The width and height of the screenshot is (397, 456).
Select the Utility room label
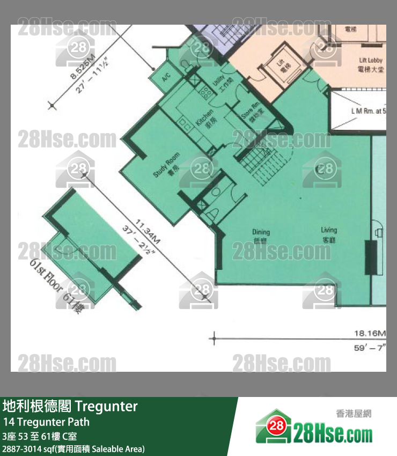tap(219, 85)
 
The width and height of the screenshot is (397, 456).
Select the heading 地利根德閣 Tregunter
tap(70, 406)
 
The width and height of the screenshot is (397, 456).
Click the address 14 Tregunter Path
tap(46, 422)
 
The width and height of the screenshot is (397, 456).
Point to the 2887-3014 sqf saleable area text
tap(73, 448)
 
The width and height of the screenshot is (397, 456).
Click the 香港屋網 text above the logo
tap(354, 413)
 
